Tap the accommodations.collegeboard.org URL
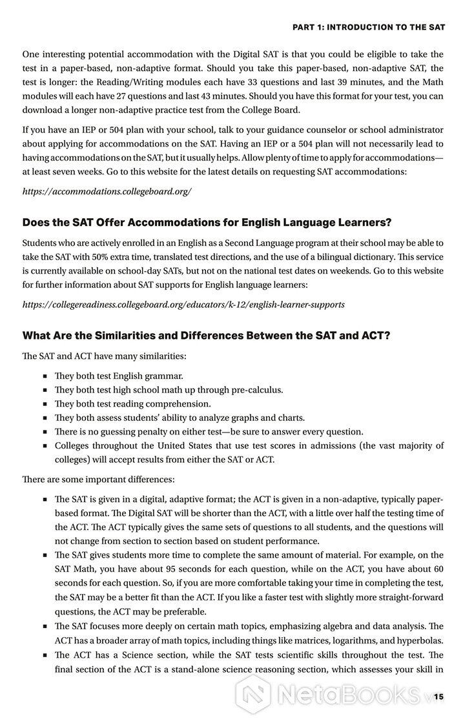click(107, 192)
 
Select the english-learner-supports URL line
click(183, 304)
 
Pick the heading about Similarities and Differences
click(206, 335)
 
